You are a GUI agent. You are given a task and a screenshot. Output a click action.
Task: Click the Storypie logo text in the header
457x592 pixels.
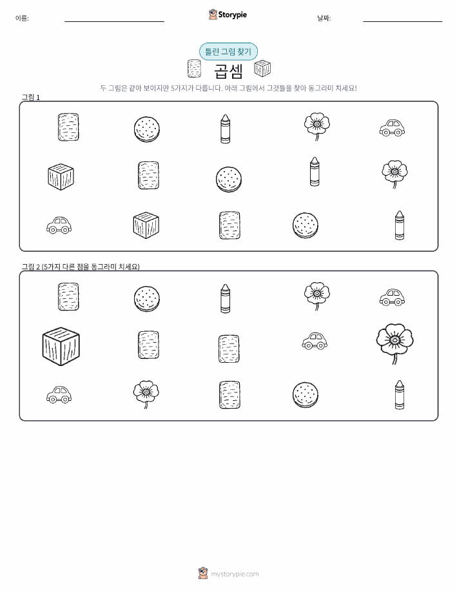coord(232,15)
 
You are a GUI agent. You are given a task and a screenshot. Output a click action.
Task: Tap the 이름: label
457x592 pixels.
coord(22,18)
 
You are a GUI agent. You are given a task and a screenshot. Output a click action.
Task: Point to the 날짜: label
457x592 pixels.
coord(324,18)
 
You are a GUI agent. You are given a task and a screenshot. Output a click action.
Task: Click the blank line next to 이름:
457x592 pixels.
coord(114,21)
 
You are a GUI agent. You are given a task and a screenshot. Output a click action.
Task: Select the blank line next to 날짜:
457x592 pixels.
coord(402,21)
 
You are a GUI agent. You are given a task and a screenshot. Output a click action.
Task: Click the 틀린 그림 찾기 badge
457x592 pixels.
coord(228,52)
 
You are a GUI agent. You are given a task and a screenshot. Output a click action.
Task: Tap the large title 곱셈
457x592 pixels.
coord(228,70)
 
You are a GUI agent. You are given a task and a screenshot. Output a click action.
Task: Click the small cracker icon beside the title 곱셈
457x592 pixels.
coord(194,68)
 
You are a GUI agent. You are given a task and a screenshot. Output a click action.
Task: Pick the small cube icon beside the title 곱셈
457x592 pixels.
coord(262,68)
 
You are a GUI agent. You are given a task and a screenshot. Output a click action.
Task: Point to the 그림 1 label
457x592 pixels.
coord(30,97)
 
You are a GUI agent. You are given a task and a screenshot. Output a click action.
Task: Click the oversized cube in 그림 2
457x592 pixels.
coord(61,346)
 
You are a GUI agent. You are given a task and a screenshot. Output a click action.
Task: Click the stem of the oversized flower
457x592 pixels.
coord(394,358)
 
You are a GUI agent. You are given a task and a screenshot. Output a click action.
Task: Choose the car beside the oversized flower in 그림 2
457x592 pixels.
coord(315,341)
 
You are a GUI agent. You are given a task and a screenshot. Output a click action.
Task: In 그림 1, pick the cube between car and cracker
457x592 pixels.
coord(146,225)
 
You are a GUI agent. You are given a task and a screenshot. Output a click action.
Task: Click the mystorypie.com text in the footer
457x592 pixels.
coord(235,574)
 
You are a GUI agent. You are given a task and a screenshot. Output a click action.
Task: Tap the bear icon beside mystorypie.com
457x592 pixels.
coord(203,573)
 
